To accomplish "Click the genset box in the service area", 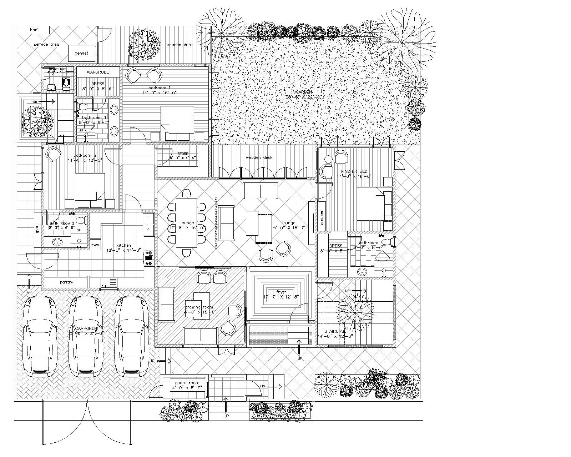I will [x=81, y=53].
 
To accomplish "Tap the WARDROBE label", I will [x=98, y=72].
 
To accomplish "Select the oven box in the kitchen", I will [x=95, y=245].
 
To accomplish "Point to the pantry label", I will [x=66, y=282].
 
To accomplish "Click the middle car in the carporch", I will [x=86, y=336].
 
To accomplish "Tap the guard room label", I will [x=185, y=383].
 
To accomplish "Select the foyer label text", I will [x=281, y=292].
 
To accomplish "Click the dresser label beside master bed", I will [x=321, y=217].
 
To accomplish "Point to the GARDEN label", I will [x=304, y=92].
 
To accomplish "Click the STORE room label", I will [x=183, y=154].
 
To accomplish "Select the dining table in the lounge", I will [x=186, y=223].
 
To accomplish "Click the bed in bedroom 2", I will [x=89, y=187].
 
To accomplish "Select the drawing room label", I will [x=199, y=307].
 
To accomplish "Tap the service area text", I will [x=46, y=44].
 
